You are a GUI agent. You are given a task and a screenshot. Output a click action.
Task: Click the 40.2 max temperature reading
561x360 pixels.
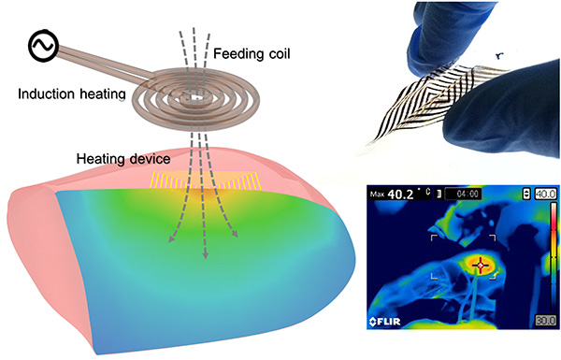407,195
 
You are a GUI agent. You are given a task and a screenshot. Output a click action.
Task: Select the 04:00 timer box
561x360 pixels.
464,194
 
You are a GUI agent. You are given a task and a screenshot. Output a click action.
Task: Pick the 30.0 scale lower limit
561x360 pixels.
542,320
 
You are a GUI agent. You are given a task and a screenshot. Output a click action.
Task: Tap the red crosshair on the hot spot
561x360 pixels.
482,266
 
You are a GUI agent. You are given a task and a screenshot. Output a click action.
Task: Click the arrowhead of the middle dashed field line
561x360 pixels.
203,255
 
